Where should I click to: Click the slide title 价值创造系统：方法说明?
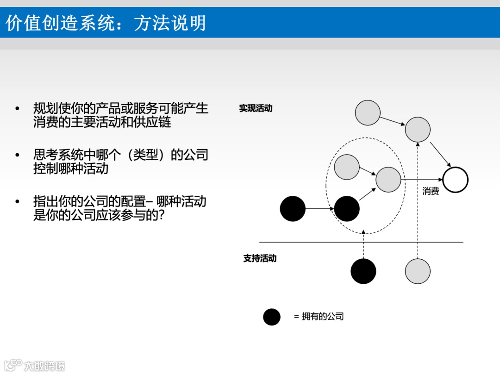(106, 22)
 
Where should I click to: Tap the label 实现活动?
(256, 108)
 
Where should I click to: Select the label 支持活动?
(260, 258)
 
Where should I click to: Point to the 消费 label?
(431, 191)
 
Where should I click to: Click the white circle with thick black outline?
(455, 180)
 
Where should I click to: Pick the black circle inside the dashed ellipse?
(347, 209)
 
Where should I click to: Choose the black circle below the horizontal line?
(363, 271)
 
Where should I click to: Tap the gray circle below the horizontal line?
(418, 271)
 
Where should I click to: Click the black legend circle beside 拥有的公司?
(272, 317)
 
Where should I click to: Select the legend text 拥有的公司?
(323, 317)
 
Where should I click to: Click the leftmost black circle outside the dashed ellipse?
(293, 209)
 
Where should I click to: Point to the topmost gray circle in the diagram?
(368, 112)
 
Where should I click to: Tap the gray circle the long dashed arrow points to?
(418, 129)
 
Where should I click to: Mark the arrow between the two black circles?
(320, 209)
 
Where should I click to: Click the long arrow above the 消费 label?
(421, 180)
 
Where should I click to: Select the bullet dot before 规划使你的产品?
(18, 109)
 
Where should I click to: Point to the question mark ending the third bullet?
(162, 215)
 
